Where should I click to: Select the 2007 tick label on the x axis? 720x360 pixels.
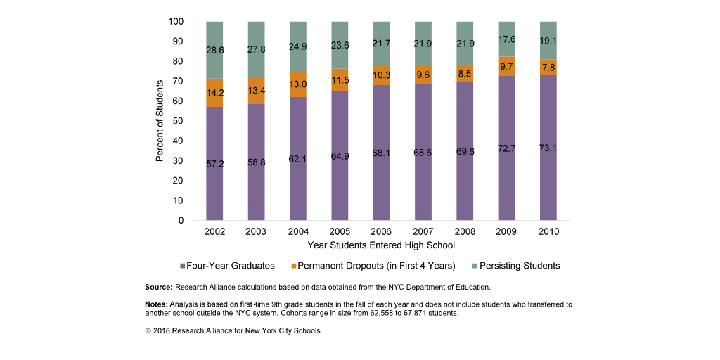423,231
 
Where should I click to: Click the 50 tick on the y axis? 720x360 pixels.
179,121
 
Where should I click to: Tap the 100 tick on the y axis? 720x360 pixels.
176,22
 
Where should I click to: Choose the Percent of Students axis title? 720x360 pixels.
160,121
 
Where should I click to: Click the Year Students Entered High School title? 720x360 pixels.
381,245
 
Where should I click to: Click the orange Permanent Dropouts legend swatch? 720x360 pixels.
293,266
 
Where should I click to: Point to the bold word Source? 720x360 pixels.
158,288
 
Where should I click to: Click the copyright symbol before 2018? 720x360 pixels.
148,330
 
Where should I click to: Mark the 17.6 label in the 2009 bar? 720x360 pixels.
507,39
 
